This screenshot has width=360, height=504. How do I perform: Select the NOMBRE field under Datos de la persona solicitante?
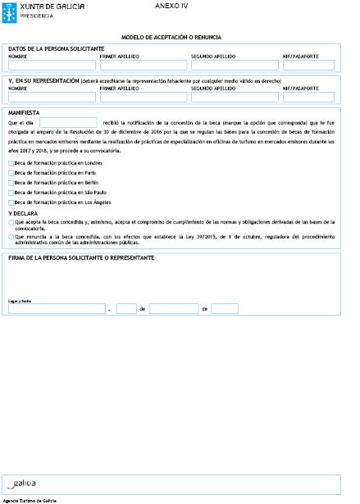[52, 66]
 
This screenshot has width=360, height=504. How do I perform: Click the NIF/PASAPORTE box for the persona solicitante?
[308, 66]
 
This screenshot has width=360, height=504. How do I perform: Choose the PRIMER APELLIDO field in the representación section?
[142, 97]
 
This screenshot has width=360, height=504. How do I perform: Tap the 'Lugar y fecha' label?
[20, 301]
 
